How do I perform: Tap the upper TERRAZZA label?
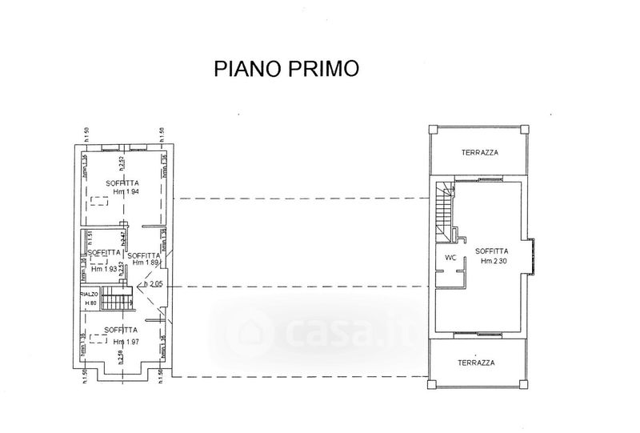click(x=479, y=153)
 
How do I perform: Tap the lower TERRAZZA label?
click(x=477, y=362)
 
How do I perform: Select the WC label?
click(x=450, y=258)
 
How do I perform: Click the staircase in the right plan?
click(x=444, y=210)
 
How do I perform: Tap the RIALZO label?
click(x=89, y=295)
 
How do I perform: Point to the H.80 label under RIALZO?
click(x=90, y=303)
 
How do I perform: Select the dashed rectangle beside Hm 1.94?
click(x=99, y=202)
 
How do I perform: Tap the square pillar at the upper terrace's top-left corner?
click(x=434, y=130)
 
